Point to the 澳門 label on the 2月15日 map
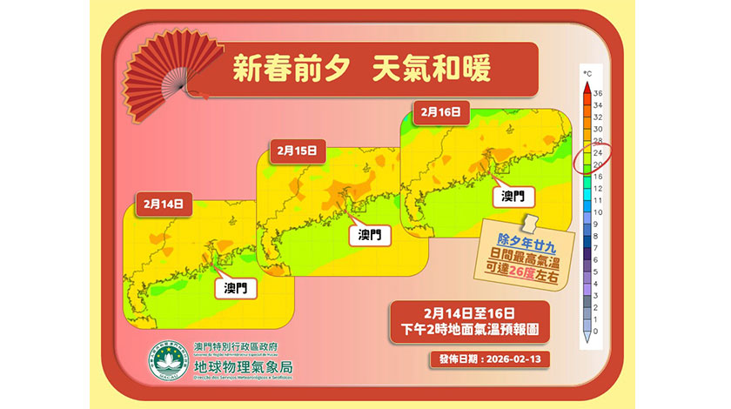click(370, 235)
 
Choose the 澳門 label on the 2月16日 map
click(513, 197)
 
